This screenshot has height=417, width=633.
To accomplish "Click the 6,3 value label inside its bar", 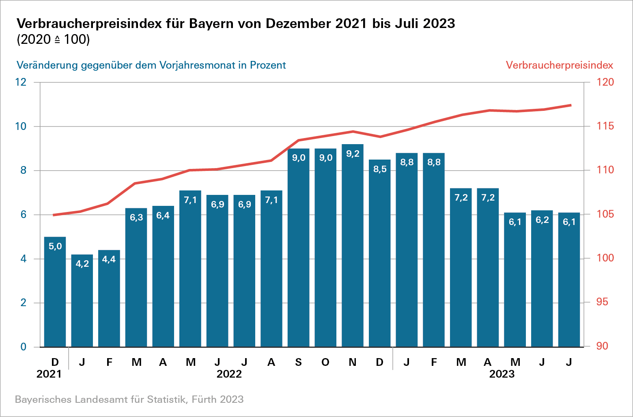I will point(136,218).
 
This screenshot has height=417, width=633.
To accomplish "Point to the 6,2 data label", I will point(542,220).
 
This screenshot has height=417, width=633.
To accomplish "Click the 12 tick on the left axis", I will point(21,82).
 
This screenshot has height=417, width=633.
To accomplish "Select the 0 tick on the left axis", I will point(24,347).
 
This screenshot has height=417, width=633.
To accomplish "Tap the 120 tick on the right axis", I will point(605,82).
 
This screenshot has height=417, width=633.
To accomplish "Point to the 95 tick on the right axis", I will point(602,302).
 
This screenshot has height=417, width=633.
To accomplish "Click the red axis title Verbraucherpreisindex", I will point(559,65).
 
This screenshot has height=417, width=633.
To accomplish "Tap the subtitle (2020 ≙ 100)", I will point(53,40).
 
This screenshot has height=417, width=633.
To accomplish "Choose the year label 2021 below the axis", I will point(49,374).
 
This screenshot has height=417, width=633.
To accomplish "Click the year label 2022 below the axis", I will point(229,374).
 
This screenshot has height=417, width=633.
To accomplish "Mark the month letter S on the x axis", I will point(299,362).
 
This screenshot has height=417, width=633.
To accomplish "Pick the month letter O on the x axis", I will point(325,362).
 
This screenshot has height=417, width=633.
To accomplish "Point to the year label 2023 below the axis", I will point(502,374).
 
